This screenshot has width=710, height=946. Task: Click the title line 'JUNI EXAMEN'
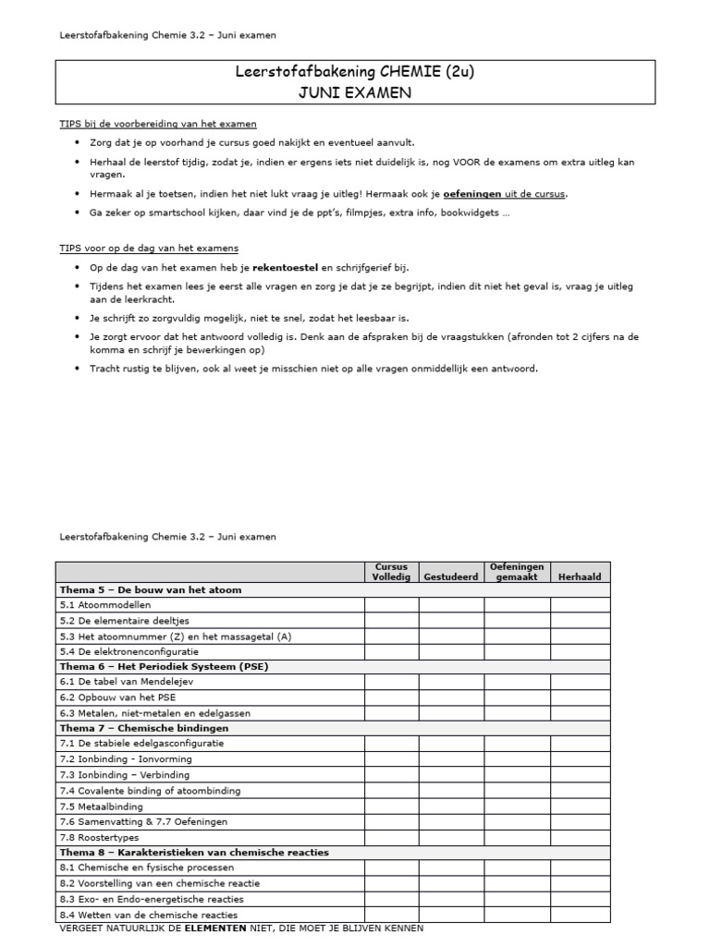click(x=355, y=93)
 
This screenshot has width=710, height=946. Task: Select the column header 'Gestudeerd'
click(x=451, y=576)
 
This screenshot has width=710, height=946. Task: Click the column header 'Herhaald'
click(x=580, y=576)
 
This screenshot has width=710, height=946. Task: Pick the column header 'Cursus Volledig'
click(x=391, y=571)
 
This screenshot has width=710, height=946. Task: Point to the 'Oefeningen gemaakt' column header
click(x=516, y=571)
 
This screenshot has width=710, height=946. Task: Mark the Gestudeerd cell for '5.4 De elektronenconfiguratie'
click(x=451, y=650)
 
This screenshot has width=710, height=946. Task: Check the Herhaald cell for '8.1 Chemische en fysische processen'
click(x=580, y=867)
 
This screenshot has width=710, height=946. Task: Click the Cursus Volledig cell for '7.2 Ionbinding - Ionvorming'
click(x=391, y=759)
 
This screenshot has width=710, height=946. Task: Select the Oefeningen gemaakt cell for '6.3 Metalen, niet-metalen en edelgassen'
click(x=516, y=712)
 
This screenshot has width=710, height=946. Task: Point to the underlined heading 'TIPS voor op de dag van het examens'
click(x=148, y=248)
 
